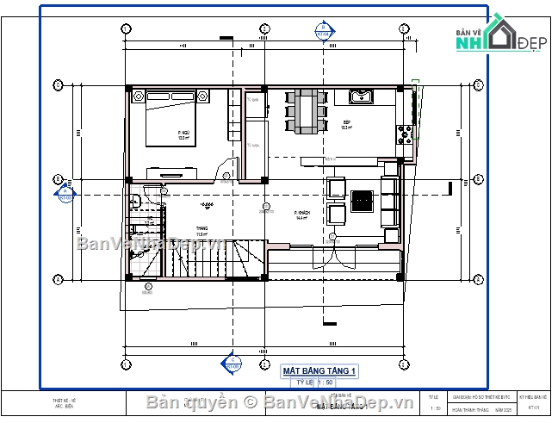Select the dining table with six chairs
[x=306, y=111]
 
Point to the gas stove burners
[x=402, y=134]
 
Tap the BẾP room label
[x=345, y=125]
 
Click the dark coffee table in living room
[x=363, y=200]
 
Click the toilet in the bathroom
[x=135, y=202]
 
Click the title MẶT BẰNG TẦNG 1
[x=319, y=371]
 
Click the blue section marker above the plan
[x=322, y=30]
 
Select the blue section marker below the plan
[x=230, y=364]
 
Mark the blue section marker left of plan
[x=63, y=196]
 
